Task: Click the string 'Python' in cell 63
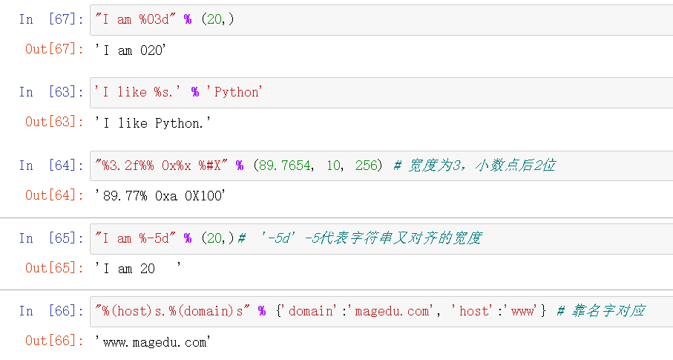(237, 92)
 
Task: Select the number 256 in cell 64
(367, 166)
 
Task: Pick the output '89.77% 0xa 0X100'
(160, 197)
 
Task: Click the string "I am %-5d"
(137, 238)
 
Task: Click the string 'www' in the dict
(522, 311)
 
